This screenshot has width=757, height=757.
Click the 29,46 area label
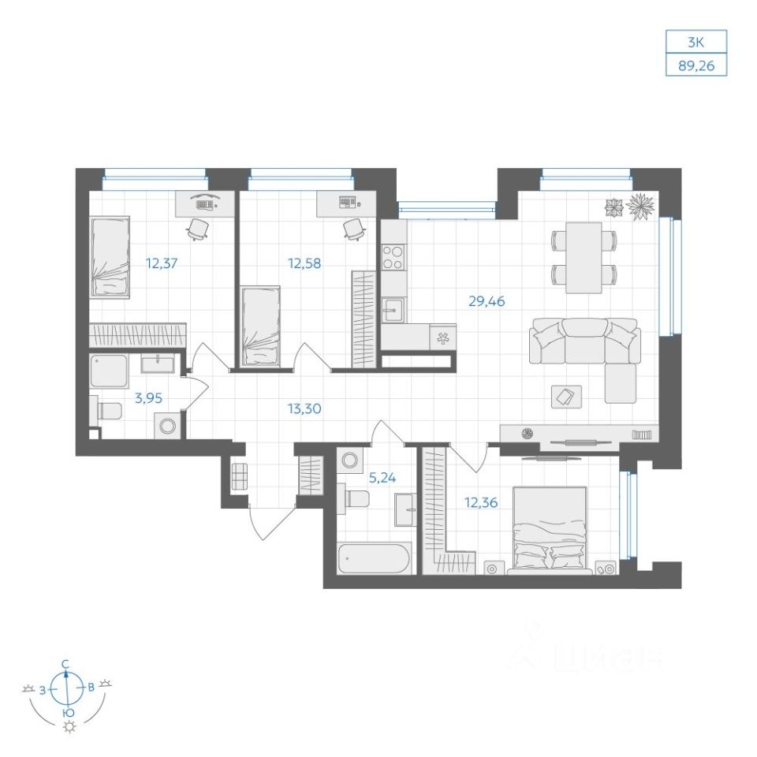487,301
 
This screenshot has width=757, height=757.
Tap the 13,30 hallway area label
304,409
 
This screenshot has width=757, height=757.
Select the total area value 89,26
696,65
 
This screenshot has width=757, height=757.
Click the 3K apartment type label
696,43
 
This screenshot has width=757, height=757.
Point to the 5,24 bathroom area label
382,478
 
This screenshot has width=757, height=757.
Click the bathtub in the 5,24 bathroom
374,558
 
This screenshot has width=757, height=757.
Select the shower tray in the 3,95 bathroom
109,371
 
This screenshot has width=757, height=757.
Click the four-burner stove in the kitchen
393,257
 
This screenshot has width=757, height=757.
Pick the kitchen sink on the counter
394,310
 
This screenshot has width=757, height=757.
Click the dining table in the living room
584,257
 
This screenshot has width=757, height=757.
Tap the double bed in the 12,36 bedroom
550,530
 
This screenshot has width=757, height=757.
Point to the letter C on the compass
66,663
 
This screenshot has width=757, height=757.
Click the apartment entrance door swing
273,521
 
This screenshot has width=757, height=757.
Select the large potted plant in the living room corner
640,206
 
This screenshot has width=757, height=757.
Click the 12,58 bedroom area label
304,263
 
